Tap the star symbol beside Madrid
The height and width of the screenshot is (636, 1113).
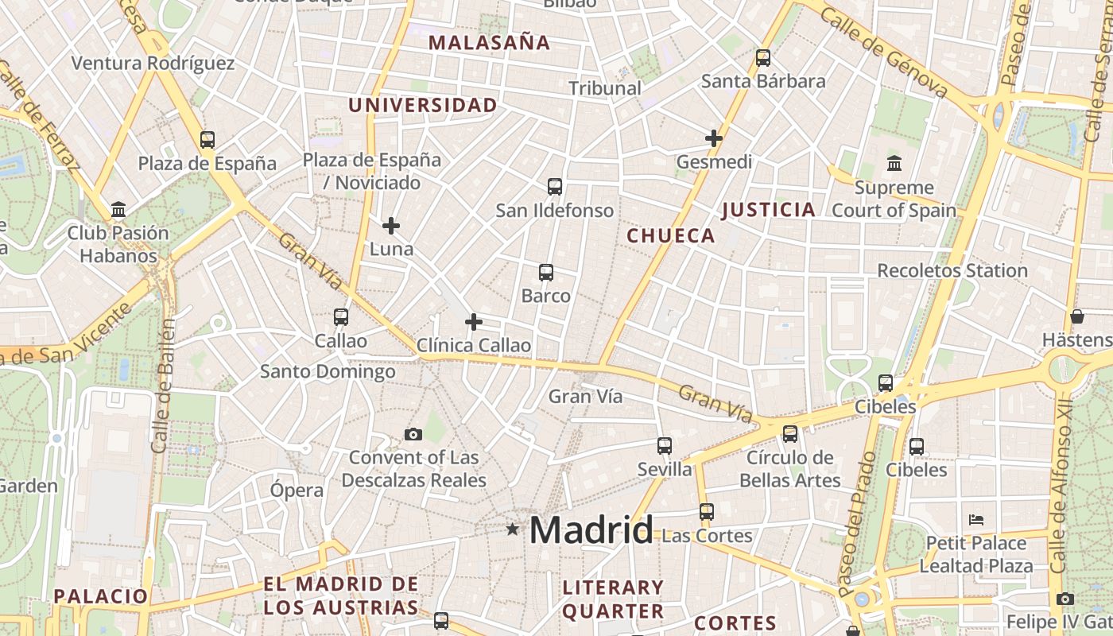(x=513, y=529)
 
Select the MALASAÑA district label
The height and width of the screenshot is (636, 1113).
(x=490, y=43)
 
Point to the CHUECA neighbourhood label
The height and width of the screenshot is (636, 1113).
(x=671, y=236)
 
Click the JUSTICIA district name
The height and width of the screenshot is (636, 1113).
(x=769, y=210)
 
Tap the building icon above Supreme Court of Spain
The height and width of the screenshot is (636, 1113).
(x=894, y=163)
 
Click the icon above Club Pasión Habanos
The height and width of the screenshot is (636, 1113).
(x=118, y=209)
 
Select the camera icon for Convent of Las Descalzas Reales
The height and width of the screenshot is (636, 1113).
(x=413, y=434)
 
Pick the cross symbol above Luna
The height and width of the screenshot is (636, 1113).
(x=391, y=226)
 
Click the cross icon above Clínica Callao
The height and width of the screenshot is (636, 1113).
(x=474, y=322)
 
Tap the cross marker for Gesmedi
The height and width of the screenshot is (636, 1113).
(x=714, y=138)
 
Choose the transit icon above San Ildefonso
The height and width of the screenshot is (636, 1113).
(x=555, y=187)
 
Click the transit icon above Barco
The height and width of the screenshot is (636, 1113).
(x=546, y=273)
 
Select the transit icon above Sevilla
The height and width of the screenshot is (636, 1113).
(x=665, y=446)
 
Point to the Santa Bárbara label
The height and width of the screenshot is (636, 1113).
(x=763, y=81)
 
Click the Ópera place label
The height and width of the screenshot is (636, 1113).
(x=297, y=490)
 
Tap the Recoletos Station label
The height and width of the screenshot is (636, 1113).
(x=952, y=270)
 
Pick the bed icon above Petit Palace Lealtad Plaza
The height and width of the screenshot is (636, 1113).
(x=976, y=520)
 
